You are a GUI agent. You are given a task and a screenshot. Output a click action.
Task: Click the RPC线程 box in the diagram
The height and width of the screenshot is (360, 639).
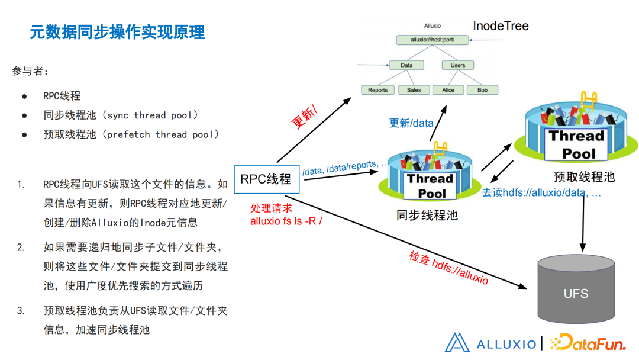coord(266,178)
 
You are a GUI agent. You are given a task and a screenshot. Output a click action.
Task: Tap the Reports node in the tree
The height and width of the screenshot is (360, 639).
coord(377,90)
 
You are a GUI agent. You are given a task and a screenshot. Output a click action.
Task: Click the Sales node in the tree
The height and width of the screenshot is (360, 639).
coord(414,90)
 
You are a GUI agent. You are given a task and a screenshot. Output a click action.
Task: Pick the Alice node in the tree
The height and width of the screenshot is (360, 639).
coord(448,90)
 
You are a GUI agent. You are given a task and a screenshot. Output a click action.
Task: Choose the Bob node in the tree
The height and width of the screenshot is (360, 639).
coord(482,90)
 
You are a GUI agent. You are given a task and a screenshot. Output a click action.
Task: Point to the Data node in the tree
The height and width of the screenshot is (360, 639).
coord(406,65)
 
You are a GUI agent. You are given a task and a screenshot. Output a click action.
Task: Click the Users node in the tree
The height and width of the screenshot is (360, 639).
coord(457,65)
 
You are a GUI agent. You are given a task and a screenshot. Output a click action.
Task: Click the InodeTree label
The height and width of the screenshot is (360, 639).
coord(501,26)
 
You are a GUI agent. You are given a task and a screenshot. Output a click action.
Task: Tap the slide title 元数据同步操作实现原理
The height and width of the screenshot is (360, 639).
coord(117,32)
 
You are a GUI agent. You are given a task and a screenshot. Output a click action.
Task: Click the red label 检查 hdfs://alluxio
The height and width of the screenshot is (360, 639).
coord(448,268)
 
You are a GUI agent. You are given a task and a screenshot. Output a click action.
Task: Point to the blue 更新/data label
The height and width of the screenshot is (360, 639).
coord(411,123)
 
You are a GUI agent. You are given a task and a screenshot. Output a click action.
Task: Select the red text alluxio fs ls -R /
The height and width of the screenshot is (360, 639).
coord(286,221)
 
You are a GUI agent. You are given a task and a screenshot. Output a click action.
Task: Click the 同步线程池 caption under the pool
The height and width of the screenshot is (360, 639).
coord(427,215)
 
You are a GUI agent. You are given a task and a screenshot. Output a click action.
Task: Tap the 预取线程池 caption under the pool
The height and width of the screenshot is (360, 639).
coord(584,177)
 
